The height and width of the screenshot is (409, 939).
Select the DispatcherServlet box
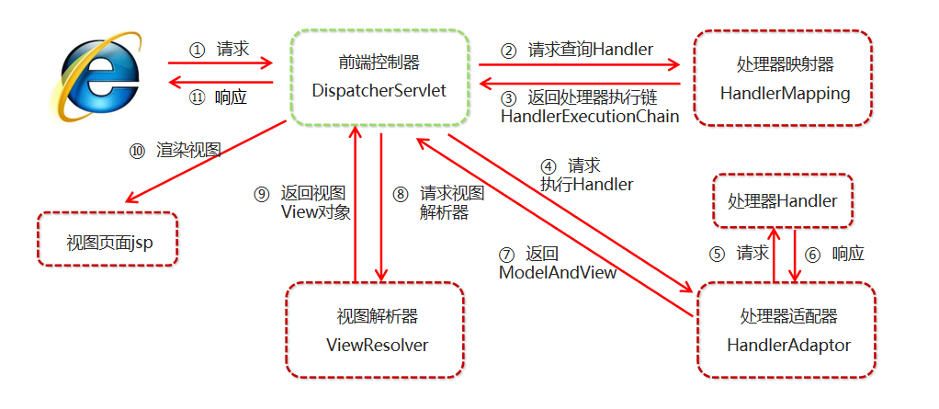[379, 77]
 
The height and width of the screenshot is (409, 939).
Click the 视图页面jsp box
[107, 239]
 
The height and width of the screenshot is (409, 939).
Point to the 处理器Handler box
[782, 200]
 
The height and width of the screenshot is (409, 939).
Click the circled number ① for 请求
[195, 49]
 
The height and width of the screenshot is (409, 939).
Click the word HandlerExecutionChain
[590, 117]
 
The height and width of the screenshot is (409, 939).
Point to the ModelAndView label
[557, 273]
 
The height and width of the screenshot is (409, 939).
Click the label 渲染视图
[188, 150]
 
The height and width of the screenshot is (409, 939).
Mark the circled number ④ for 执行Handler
[549, 166]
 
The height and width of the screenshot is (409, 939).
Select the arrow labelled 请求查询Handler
[579, 65]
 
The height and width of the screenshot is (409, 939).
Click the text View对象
[315, 211]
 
